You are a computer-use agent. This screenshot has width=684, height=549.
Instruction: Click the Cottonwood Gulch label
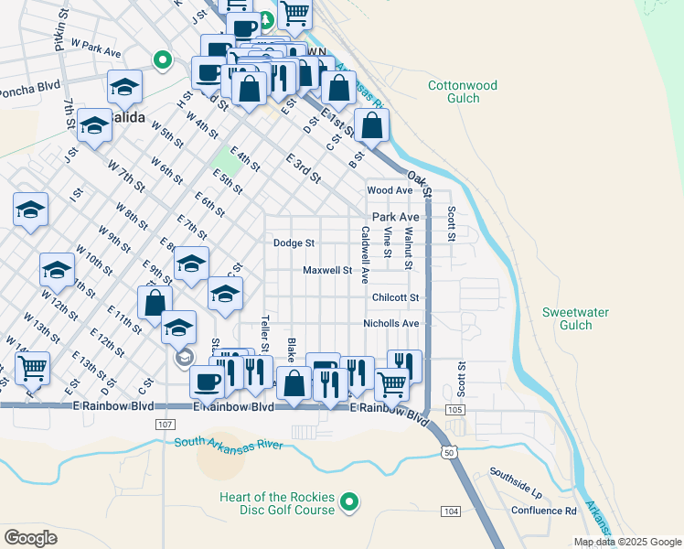pos(463,92)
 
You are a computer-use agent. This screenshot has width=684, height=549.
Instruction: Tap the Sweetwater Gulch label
pos(575,318)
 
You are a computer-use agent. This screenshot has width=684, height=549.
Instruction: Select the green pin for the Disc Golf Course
pos(348,501)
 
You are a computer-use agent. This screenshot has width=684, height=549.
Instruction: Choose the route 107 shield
pos(165,425)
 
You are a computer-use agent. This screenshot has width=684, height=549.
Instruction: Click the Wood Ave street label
pos(390,190)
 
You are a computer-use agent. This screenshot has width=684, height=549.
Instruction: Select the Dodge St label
pos(294,243)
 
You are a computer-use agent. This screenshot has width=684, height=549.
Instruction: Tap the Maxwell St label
pos(327,271)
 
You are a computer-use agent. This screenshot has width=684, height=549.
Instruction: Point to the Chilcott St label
pos(395,297)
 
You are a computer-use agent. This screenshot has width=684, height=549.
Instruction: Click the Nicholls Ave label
pos(390,324)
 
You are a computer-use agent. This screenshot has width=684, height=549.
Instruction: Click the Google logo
pos(30,537)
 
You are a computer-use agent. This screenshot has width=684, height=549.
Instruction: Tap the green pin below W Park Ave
pos(163,61)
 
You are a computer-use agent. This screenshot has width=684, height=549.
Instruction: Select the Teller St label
pos(265,335)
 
